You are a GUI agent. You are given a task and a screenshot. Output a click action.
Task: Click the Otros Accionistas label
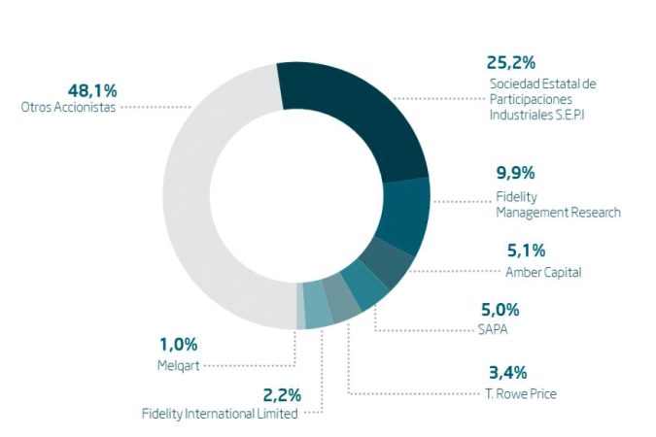click(68, 108)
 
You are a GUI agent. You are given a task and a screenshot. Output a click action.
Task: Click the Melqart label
click(179, 365)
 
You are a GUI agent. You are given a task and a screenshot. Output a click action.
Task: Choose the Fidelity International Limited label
click(220, 414)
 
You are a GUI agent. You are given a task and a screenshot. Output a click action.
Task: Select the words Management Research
click(558, 212)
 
